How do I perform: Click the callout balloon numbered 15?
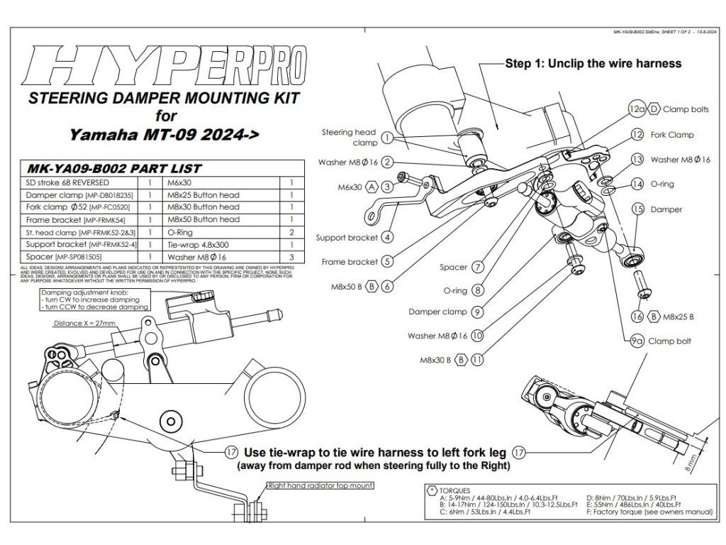637,209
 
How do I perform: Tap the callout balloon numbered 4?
387,237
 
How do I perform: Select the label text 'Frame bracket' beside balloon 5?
349,262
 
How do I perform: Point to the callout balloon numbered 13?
637,160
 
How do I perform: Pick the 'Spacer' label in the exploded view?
454,268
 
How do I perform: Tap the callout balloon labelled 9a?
637,341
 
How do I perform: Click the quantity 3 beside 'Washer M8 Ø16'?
291,256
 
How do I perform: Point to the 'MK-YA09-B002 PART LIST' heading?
113,169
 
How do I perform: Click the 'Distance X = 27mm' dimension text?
84,324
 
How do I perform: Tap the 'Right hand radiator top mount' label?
320,486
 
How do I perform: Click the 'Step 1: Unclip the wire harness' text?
593,63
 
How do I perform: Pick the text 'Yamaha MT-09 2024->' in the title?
163,134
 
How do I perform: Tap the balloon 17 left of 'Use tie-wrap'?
230,452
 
